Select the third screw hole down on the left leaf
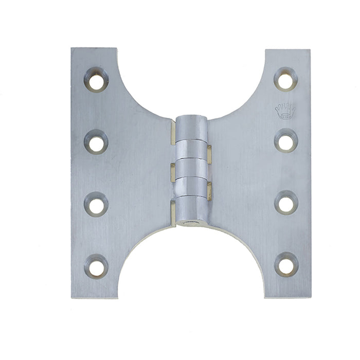point(96,204)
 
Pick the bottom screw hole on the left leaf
point(96,266)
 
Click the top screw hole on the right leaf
point(285,79)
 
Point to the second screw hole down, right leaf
point(285,141)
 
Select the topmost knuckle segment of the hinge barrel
point(192,128)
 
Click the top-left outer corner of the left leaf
point(71,48)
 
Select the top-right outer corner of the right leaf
point(310,50)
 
